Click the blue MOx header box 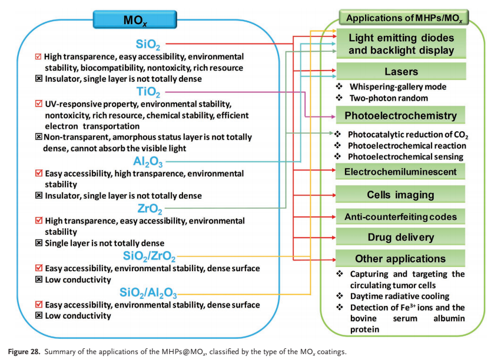(x=135, y=19)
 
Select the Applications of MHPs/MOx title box (x=404, y=18)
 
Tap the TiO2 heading (x=148, y=92)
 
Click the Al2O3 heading (x=148, y=162)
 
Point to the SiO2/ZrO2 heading (x=149, y=256)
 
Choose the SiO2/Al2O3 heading (x=148, y=293)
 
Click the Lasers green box (x=401, y=71)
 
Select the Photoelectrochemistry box (x=400, y=115)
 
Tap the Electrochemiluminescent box (x=400, y=171)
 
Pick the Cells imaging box (x=400, y=195)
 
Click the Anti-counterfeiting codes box (x=400, y=216)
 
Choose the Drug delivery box (x=400, y=237)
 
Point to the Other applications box (x=400, y=258)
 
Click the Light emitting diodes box (x=401, y=44)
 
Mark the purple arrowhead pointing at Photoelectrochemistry (x=333, y=116)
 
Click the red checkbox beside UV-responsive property (x=38, y=104)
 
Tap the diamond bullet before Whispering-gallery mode (x=339, y=86)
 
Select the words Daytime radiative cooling (x=400, y=296)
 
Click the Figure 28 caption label (x=24, y=352)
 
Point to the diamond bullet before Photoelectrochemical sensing (x=337, y=156)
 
